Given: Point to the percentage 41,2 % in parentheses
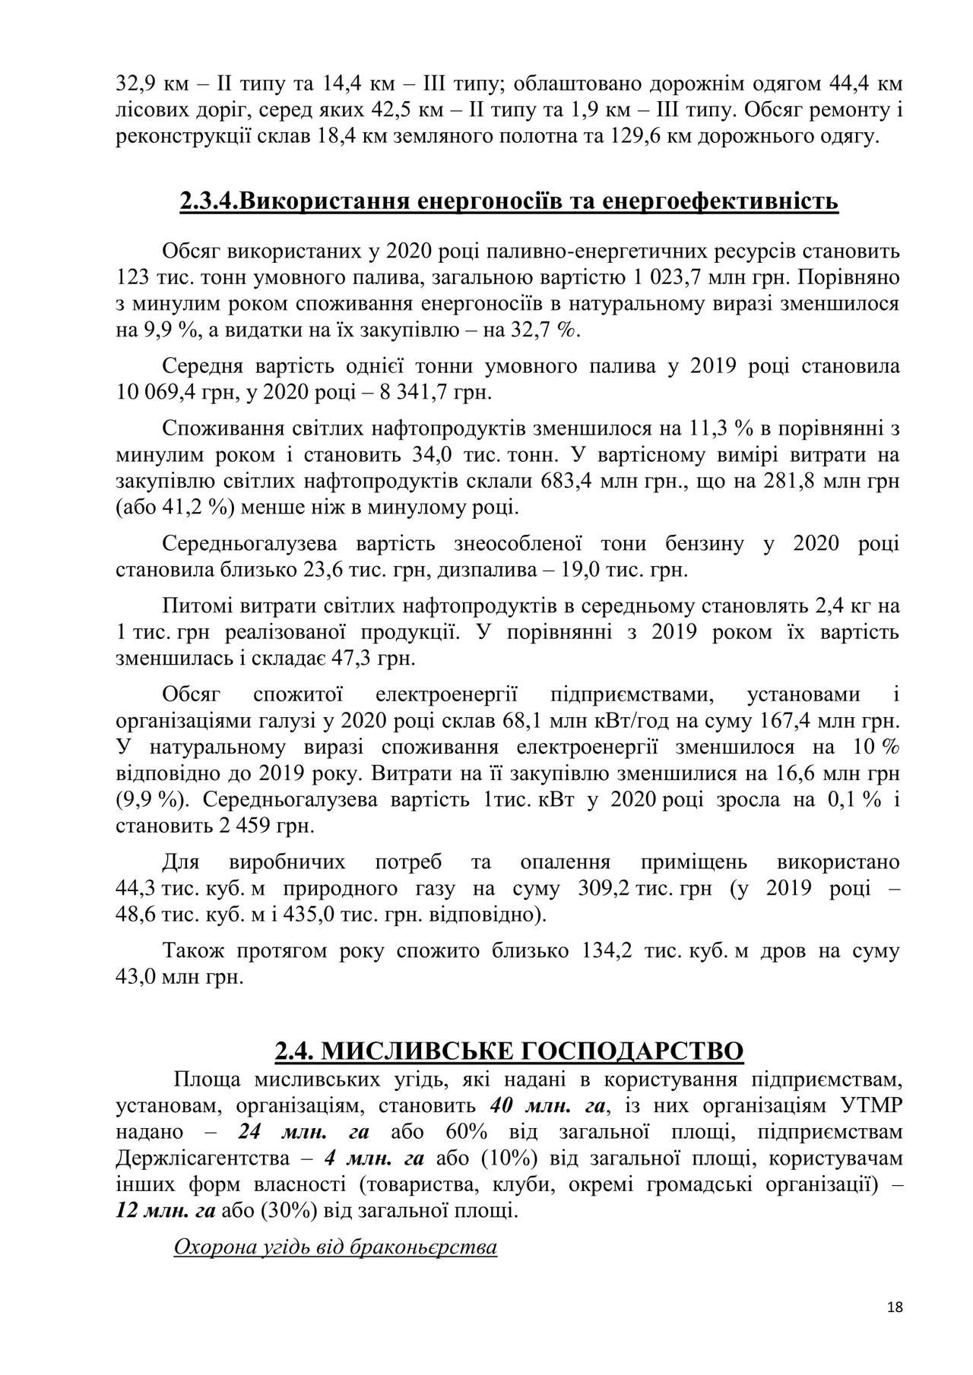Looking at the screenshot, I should pyautogui.click(x=196, y=507).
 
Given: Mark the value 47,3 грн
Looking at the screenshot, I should pyautogui.click(x=376, y=657).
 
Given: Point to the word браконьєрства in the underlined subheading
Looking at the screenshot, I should pyautogui.click(x=424, y=1247).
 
